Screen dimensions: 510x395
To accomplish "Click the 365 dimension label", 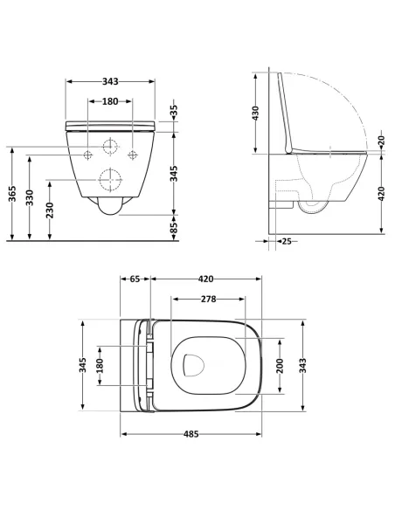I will pos(11,194).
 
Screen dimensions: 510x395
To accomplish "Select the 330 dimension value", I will pos(30,198).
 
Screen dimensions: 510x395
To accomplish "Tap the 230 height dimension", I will pos(51,209).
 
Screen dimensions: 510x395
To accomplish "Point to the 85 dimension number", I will pos(174,228).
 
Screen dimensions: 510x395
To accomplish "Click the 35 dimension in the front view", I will pos(174,111).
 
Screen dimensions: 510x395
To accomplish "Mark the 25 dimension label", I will pos(287,242).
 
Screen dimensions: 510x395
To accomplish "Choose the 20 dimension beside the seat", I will pos(381,140).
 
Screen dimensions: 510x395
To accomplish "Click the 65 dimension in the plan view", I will pos(135,280).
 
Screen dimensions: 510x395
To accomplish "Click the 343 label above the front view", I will pos(110,81).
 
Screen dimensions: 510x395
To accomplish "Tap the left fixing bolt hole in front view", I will pos(88,155).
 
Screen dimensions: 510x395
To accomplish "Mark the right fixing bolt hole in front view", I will pos(133,155).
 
